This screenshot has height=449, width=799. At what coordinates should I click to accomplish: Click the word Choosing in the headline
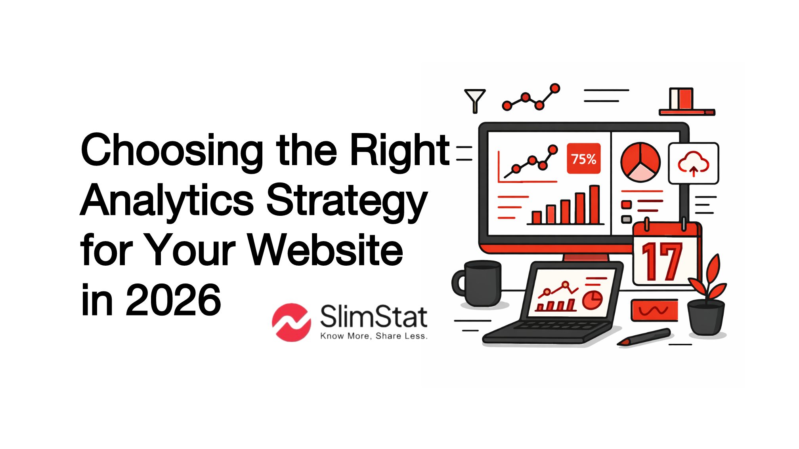point(172,150)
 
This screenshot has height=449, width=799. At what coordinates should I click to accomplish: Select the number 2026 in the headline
point(173,300)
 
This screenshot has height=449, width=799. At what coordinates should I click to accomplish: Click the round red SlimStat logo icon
point(291,322)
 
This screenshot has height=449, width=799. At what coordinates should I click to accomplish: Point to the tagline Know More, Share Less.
point(374,336)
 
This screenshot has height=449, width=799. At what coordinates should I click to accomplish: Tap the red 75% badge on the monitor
point(583,159)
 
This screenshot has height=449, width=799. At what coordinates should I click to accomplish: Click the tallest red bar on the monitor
point(594,205)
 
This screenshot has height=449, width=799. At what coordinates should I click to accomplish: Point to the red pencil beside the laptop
point(644,337)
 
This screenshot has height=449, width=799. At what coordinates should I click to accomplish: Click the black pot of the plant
point(706,317)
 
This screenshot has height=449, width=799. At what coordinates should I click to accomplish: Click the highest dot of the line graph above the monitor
point(555,88)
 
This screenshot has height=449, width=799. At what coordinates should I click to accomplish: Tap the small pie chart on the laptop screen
point(592,300)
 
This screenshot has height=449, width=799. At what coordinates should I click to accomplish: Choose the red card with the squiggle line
point(654,310)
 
